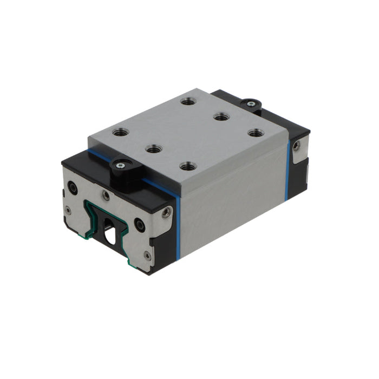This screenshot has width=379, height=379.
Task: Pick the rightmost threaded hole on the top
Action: pyautogui.click(x=254, y=132)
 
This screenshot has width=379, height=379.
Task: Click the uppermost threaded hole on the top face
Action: pyautogui.click(x=188, y=101)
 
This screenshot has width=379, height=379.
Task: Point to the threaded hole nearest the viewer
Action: pyautogui.click(x=187, y=166)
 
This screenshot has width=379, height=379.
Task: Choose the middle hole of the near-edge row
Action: pyautogui.click(x=154, y=148)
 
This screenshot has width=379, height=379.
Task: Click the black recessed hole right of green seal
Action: pyautogui.click(x=140, y=223)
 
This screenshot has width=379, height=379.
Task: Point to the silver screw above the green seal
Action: pyautogui.click(x=106, y=195)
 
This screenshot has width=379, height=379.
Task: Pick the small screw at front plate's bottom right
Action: pyautogui.click(x=147, y=255)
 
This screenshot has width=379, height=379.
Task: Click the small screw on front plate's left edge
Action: pyautogui.click(x=67, y=210)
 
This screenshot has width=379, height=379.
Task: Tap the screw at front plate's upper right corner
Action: pyautogui.click(x=166, y=212)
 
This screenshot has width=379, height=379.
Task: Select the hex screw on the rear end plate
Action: pyautogui.click(x=296, y=146)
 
